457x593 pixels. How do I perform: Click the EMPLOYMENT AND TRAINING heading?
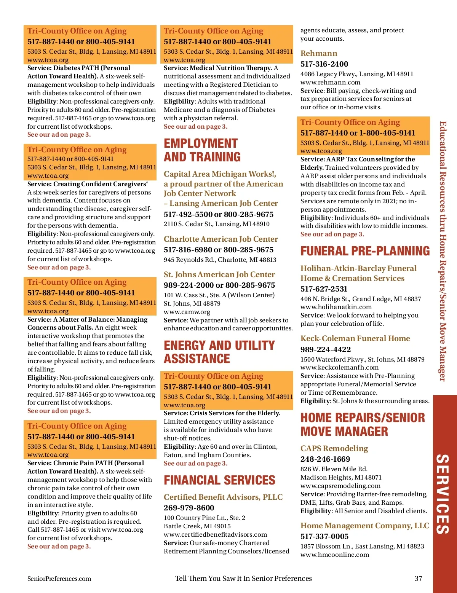pyautogui.click(x=202, y=150)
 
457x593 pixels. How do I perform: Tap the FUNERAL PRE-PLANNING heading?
pyautogui.click(x=365, y=251)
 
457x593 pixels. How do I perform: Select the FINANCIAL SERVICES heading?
pyautogui.click(x=219, y=480)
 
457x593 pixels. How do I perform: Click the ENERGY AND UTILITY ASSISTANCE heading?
pyautogui.click(x=219, y=352)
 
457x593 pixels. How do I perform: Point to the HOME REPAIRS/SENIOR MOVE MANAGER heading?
pyautogui.click(x=362, y=424)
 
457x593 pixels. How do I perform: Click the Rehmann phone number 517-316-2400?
pyautogui.click(x=324, y=64)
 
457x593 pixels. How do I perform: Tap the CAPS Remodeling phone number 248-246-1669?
pyautogui.click(x=325, y=459)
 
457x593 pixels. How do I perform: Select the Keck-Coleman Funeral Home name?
pyautogui.click(x=355, y=338)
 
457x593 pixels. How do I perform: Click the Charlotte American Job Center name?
pyautogui.click(x=221, y=239)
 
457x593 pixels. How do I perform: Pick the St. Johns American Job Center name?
pyautogui.click(x=219, y=274)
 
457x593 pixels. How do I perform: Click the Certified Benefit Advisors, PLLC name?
pyautogui.click(x=223, y=497)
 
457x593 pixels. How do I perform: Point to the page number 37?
pyautogui.click(x=418, y=579)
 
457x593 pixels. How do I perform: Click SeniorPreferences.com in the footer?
pyautogui.click(x=59, y=579)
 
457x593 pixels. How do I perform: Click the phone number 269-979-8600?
pyautogui.click(x=189, y=508)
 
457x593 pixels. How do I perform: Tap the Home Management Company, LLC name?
pyautogui.click(x=364, y=526)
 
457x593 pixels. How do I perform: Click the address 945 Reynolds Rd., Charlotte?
pyautogui.click(x=220, y=260)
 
